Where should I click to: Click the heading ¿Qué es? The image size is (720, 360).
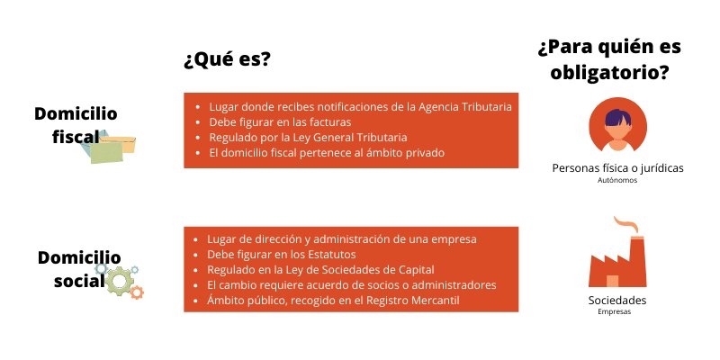[227, 60]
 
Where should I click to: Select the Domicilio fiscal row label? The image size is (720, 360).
[76, 125]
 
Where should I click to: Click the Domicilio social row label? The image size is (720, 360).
[79, 269]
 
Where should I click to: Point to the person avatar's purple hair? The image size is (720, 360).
[617, 118]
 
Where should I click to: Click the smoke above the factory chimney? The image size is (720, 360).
[627, 224]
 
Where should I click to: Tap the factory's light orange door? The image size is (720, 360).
[612, 281]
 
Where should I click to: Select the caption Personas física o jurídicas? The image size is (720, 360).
[617, 168]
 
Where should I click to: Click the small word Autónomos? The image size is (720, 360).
[617, 181]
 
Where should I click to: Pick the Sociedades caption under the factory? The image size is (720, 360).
[617, 301]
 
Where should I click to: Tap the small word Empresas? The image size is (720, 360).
[615, 312]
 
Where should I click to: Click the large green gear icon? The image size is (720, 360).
[119, 281]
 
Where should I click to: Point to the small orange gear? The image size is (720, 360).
[137, 292]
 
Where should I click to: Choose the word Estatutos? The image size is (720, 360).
[331, 255]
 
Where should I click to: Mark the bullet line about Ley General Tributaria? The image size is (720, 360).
[308, 138]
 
